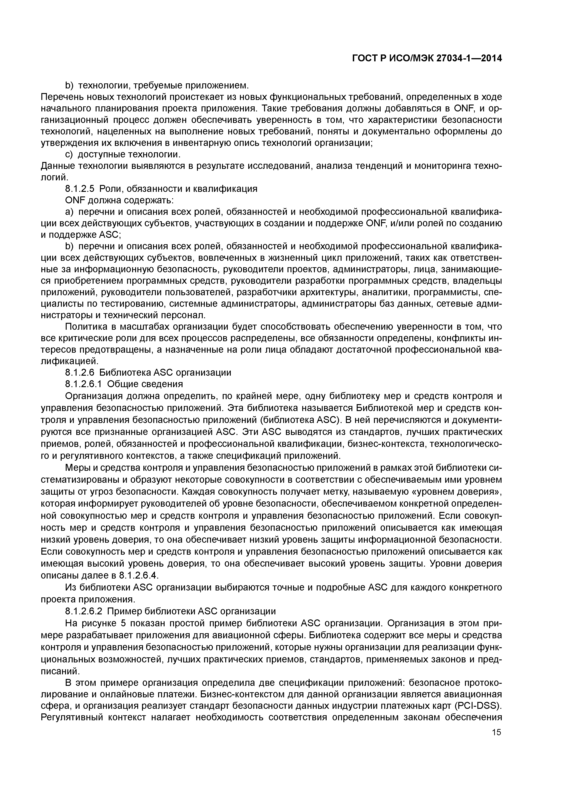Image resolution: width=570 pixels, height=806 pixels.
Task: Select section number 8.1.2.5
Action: (x=80, y=189)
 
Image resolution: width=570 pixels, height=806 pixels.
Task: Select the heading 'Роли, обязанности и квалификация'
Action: (x=178, y=189)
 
